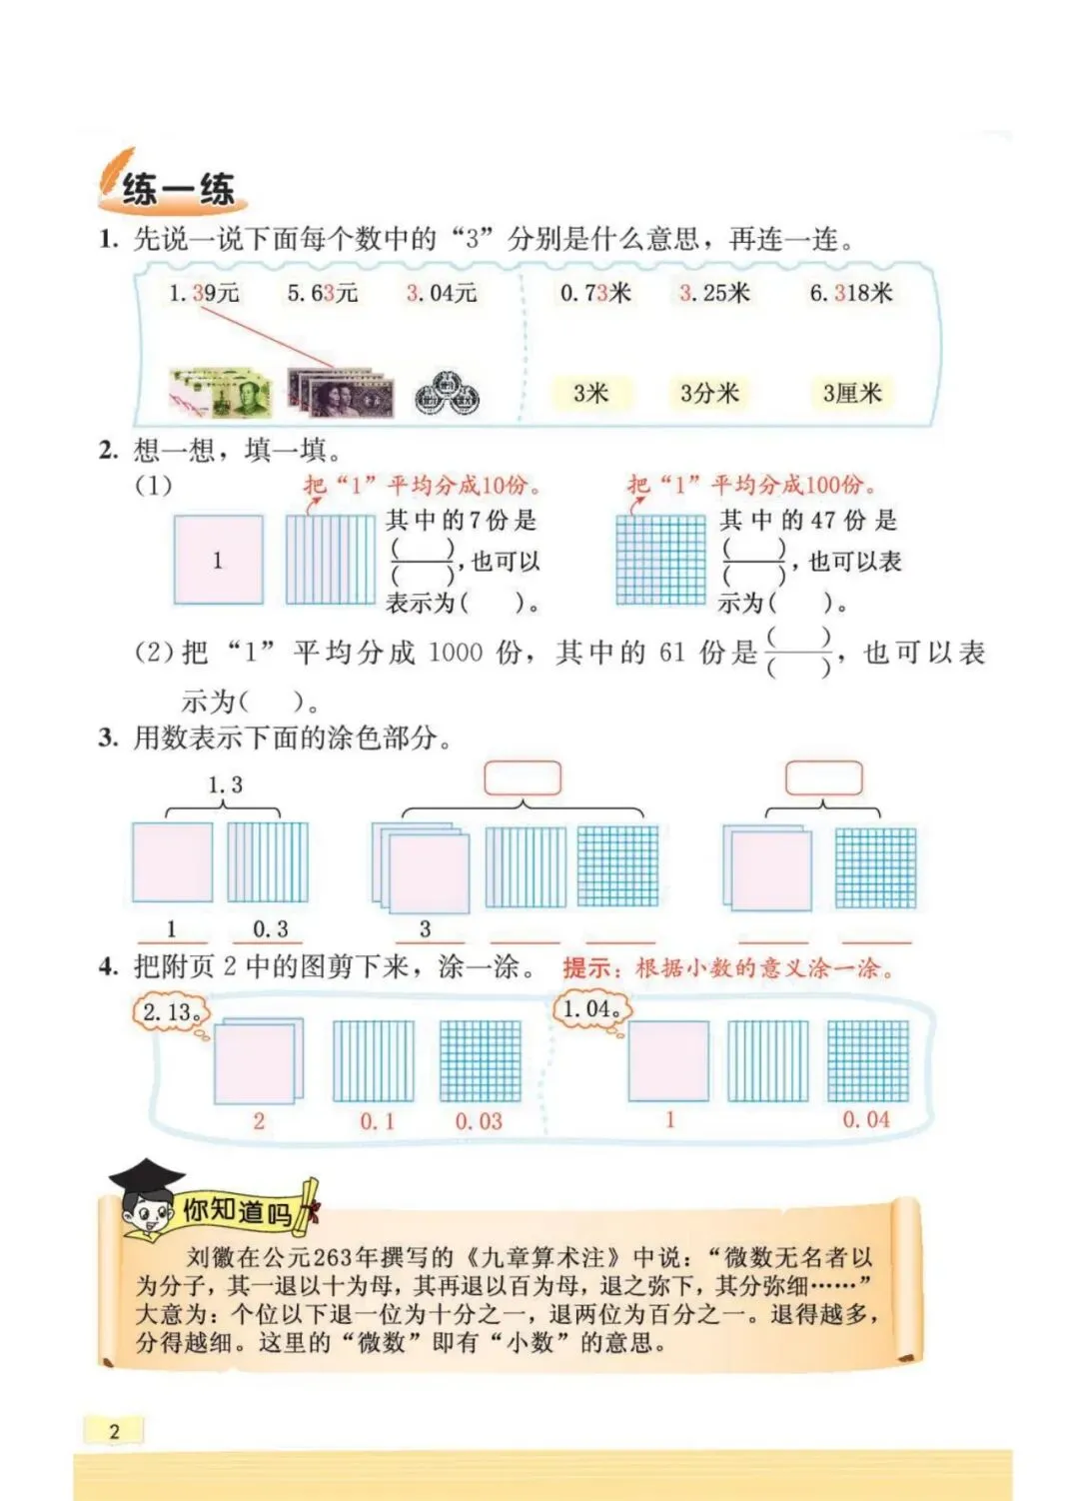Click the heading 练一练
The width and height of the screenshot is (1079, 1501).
click(x=178, y=189)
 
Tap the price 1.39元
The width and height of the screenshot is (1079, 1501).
click(x=204, y=293)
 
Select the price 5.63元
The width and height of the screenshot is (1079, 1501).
click(x=322, y=293)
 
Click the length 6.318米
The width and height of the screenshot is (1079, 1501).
click(x=850, y=293)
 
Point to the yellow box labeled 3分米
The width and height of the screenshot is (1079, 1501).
click(x=709, y=393)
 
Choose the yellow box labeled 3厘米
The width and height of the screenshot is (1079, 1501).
click(x=852, y=393)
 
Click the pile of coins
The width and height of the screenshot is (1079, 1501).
click(x=447, y=394)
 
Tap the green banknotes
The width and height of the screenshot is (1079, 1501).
click(x=221, y=392)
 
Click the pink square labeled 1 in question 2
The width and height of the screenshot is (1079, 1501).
click(x=219, y=560)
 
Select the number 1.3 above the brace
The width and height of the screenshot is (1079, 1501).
click(x=225, y=784)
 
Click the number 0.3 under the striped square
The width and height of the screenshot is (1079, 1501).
click(x=271, y=928)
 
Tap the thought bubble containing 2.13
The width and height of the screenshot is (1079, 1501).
click(x=172, y=1012)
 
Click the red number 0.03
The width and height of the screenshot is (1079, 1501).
click(x=479, y=1121)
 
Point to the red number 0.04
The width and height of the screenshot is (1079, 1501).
click(x=866, y=1119)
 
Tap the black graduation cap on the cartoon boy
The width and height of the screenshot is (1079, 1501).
click(x=147, y=1176)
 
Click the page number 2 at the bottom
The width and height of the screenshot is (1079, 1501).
click(x=114, y=1431)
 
